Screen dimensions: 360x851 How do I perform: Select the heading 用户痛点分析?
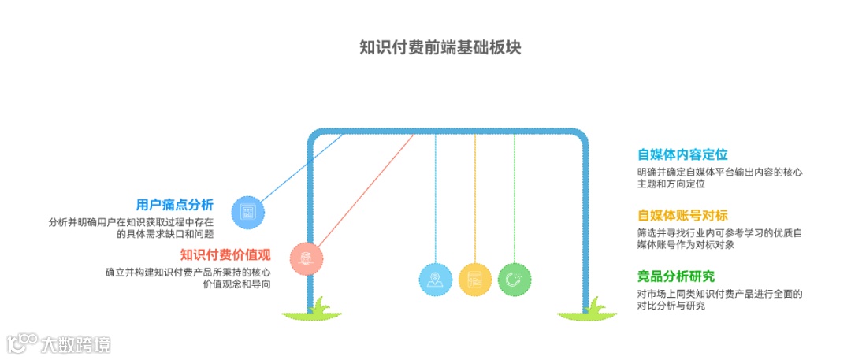pyautogui.click(x=174, y=205)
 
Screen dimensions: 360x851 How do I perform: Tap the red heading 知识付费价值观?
pyautogui.click(x=225, y=254)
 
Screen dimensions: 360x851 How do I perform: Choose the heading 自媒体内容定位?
pyautogui.click(x=682, y=154)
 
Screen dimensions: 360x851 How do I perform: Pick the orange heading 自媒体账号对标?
pyautogui.click(x=682, y=215)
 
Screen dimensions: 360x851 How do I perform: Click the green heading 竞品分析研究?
pyautogui.click(x=676, y=276)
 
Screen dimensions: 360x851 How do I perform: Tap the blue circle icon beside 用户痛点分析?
pyautogui.click(x=248, y=212)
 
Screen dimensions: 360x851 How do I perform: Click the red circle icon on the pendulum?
pyautogui.click(x=307, y=258)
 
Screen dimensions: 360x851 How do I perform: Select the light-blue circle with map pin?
pyautogui.click(x=436, y=280)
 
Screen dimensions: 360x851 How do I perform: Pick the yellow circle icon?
pyautogui.click(x=475, y=280)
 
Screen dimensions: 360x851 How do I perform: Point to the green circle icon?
pyautogui.click(x=515, y=280)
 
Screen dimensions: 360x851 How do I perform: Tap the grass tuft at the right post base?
pyautogui.click(x=587, y=314)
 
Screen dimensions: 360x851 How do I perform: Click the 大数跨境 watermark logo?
pyautogui.click(x=59, y=343)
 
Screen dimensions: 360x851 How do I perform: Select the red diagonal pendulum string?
pyautogui.click(x=362, y=189)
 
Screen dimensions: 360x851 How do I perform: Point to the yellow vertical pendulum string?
pyautogui.click(x=475, y=197)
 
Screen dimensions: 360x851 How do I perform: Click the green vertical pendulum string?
pyautogui.click(x=515, y=197)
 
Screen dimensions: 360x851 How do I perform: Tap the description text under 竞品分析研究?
pyautogui.click(x=719, y=299)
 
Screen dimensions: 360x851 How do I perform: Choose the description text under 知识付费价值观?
pyautogui.click(x=188, y=278)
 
